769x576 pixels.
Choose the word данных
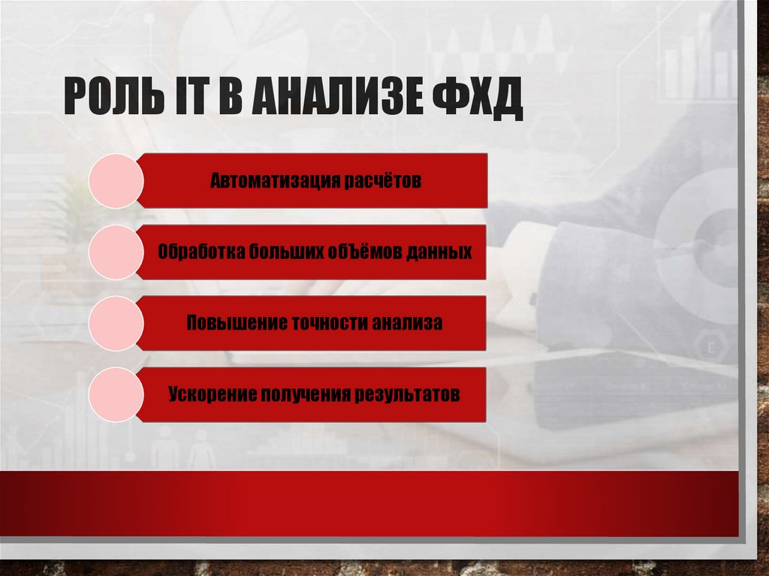(x=441, y=252)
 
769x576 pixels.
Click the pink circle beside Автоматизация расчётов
(x=116, y=181)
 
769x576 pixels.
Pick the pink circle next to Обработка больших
(x=116, y=252)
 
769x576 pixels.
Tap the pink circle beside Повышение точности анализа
(x=116, y=324)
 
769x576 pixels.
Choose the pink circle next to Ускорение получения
(x=116, y=394)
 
